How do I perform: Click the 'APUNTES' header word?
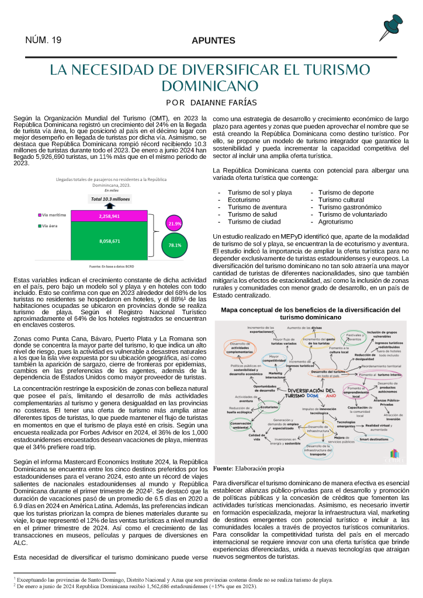[213, 41]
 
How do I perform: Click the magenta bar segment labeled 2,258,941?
[109, 216]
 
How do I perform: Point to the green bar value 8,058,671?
[109, 241]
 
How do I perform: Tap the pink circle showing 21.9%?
[175, 224]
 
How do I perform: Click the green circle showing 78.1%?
[174, 245]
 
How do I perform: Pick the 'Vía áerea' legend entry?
[51, 225]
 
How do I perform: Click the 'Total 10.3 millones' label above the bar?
[109, 199]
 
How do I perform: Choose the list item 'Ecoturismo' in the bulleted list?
[244, 199]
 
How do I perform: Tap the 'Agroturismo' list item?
[337, 222]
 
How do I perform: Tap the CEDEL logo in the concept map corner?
[394, 471]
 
